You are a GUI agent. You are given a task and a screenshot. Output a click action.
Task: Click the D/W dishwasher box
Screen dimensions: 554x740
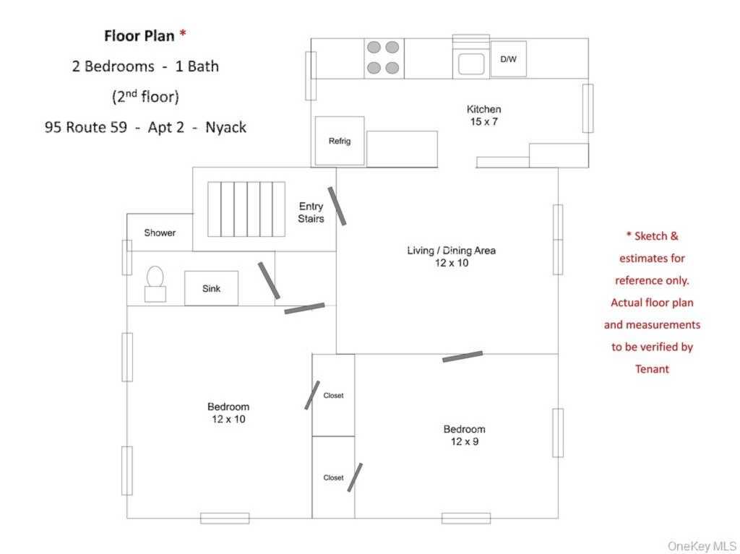pyautogui.click(x=508, y=59)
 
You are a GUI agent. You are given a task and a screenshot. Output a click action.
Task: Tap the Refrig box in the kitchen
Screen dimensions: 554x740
pyautogui.click(x=340, y=141)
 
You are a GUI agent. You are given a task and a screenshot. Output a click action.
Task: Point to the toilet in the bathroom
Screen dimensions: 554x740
pyautogui.click(x=155, y=283)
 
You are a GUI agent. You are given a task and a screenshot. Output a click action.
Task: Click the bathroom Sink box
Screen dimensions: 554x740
pyautogui.click(x=211, y=288)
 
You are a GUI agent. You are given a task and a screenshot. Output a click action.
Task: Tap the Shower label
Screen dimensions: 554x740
pyautogui.click(x=160, y=233)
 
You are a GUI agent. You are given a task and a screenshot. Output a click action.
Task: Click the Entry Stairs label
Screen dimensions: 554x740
pyautogui.click(x=311, y=212)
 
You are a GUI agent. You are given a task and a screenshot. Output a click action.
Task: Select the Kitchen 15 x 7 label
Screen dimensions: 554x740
pyautogui.click(x=483, y=116)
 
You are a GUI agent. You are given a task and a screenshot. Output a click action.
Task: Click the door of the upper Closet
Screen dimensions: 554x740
pyautogui.click(x=312, y=395)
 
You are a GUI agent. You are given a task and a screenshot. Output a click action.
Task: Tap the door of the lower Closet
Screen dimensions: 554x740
pyautogui.click(x=354, y=477)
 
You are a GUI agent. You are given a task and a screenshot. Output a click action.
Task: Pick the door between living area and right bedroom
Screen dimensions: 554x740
pyautogui.click(x=462, y=356)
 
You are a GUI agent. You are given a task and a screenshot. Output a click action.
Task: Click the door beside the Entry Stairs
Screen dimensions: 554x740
pyautogui.click(x=336, y=206)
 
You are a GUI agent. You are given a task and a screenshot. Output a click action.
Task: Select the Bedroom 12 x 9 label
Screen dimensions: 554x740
pyautogui.click(x=464, y=435)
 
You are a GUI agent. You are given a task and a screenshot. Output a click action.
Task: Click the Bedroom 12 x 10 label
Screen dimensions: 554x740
pyautogui.click(x=228, y=412)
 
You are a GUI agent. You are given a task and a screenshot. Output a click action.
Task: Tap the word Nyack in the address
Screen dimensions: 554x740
pyautogui.click(x=225, y=127)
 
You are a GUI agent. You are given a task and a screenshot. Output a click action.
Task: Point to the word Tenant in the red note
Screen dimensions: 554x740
pyautogui.click(x=652, y=369)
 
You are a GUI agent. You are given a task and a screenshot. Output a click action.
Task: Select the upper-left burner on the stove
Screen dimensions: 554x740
pyautogui.click(x=374, y=48)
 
